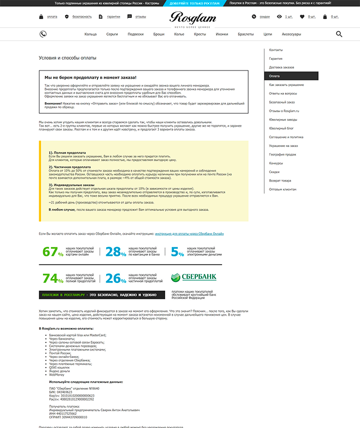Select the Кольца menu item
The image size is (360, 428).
[x=91, y=34]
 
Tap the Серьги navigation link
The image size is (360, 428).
[x=112, y=34]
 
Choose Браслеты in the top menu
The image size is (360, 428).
[x=246, y=34]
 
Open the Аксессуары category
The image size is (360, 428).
[x=291, y=34]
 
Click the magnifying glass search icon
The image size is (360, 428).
[x=339, y=34]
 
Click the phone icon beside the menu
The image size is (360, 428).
[x=43, y=34]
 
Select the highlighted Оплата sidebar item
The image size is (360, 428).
[x=291, y=76]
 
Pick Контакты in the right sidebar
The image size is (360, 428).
[x=276, y=50]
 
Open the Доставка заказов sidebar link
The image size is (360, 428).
[x=281, y=67]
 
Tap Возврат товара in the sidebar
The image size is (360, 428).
[x=280, y=180]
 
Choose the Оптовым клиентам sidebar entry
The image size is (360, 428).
[x=282, y=189]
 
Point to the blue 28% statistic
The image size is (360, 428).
[x=115, y=252]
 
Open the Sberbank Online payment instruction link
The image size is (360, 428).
[x=189, y=234]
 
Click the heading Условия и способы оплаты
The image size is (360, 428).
[x=67, y=58]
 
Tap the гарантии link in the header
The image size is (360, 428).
[x=113, y=17]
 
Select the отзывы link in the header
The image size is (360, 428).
[x=140, y=17]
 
